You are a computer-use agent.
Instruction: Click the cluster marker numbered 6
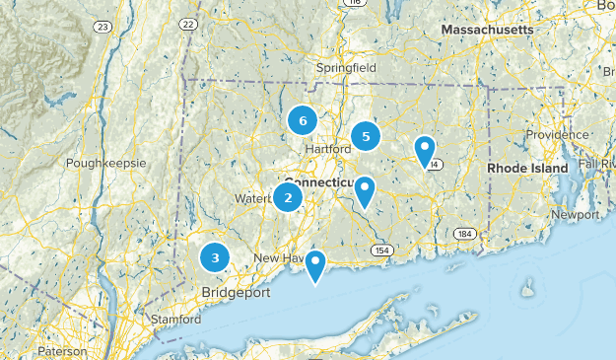303,120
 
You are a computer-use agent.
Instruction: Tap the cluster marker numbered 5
366,137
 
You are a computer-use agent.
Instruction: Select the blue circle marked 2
288,197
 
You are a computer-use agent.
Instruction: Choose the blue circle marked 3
215,257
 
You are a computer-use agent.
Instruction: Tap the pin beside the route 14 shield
425,151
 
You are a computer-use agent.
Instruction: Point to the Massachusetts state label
487,31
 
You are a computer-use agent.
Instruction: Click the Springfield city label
346,68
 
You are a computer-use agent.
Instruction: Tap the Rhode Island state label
527,169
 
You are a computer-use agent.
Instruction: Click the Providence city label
556,134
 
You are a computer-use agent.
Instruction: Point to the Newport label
574,214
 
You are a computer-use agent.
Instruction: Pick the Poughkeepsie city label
105,163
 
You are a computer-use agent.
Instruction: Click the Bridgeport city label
236,293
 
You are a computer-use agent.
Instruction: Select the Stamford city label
175,320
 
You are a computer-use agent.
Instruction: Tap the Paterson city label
63,351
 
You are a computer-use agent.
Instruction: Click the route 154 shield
380,252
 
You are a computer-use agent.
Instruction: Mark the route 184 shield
463,234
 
